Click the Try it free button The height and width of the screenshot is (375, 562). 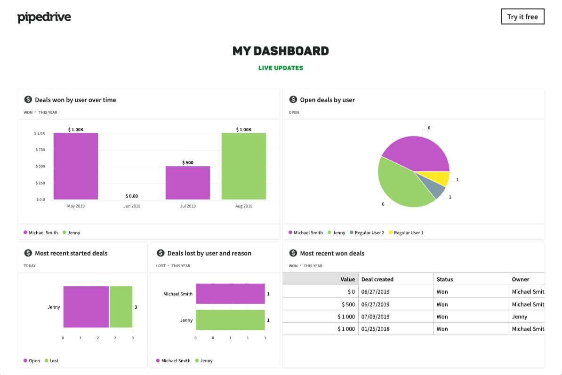522,16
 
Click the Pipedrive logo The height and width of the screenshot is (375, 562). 44,17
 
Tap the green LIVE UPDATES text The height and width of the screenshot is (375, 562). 281,68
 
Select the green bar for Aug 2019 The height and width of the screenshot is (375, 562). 243,166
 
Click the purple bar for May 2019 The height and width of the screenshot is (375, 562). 76,166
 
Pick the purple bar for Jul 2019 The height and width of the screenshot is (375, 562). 188,183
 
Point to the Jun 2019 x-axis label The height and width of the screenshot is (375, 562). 132,206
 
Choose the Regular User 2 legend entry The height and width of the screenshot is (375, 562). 369,232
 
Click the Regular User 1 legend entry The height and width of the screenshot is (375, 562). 408,232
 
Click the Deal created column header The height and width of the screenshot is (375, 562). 377,279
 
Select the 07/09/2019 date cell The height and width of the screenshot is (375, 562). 375,317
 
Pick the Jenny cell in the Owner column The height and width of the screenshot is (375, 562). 520,317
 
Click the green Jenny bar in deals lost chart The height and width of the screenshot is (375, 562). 230,320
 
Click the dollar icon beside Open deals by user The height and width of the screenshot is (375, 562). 293,100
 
